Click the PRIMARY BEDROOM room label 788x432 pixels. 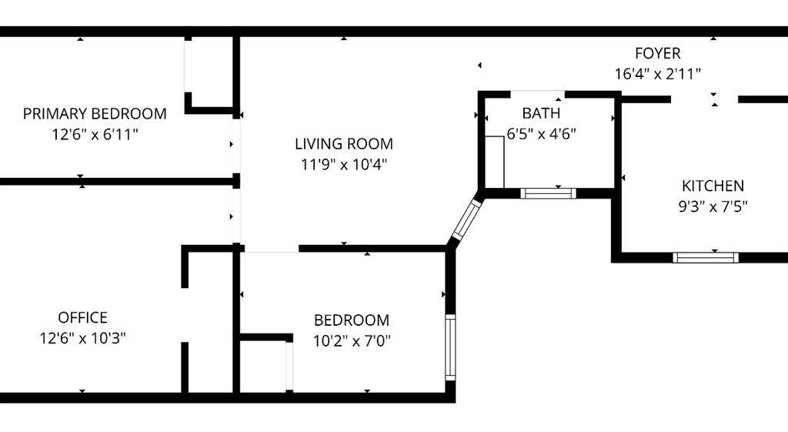95,114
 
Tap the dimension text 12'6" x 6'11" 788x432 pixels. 95,134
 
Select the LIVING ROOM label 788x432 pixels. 344,144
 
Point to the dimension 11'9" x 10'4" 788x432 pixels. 344,164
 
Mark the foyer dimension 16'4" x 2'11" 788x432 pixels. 657,74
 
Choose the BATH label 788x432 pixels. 541,114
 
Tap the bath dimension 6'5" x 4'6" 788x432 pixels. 541,133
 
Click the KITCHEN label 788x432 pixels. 713,186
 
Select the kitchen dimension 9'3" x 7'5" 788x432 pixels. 713,206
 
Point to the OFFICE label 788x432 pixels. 82,317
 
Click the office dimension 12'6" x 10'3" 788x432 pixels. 82,337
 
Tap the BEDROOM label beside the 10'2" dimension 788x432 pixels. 352,320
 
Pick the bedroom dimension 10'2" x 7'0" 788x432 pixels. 352,340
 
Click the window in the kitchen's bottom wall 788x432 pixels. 706,257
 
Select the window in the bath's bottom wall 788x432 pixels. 548,193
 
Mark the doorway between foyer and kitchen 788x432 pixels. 704,99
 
